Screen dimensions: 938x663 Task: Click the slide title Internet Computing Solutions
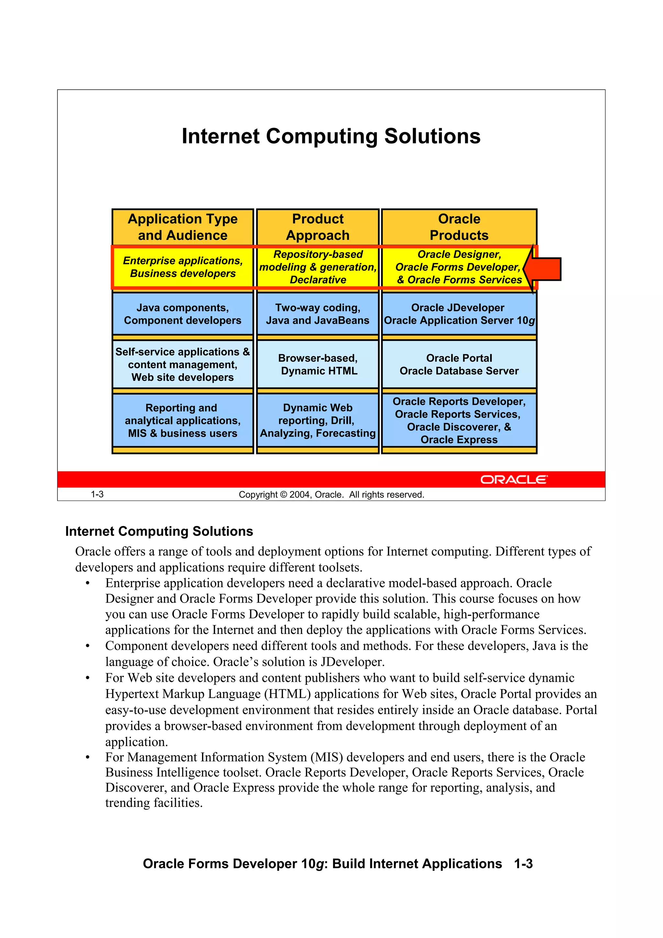coord(331,136)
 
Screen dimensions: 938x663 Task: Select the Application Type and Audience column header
coord(183,227)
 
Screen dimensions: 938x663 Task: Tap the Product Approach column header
coord(318,227)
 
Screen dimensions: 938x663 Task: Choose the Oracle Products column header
coord(459,227)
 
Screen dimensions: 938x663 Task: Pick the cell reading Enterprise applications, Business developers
coord(183,267)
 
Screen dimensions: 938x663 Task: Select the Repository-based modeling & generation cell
coord(318,267)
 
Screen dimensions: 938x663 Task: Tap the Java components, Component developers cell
coord(183,314)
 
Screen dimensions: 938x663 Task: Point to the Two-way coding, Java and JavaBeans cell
coord(318,314)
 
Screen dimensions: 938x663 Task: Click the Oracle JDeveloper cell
coord(459,314)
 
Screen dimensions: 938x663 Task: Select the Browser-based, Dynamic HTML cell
coord(318,364)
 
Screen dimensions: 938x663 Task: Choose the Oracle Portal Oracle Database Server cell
coord(459,364)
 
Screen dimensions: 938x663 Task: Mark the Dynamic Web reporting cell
coord(318,420)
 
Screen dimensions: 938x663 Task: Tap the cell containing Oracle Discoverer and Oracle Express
coord(459,420)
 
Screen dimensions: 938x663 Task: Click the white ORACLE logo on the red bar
coord(513,479)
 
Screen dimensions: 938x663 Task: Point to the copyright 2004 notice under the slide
coord(331,495)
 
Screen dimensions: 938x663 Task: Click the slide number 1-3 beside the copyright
coord(97,494)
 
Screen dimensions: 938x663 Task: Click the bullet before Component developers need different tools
coord(87,646)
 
